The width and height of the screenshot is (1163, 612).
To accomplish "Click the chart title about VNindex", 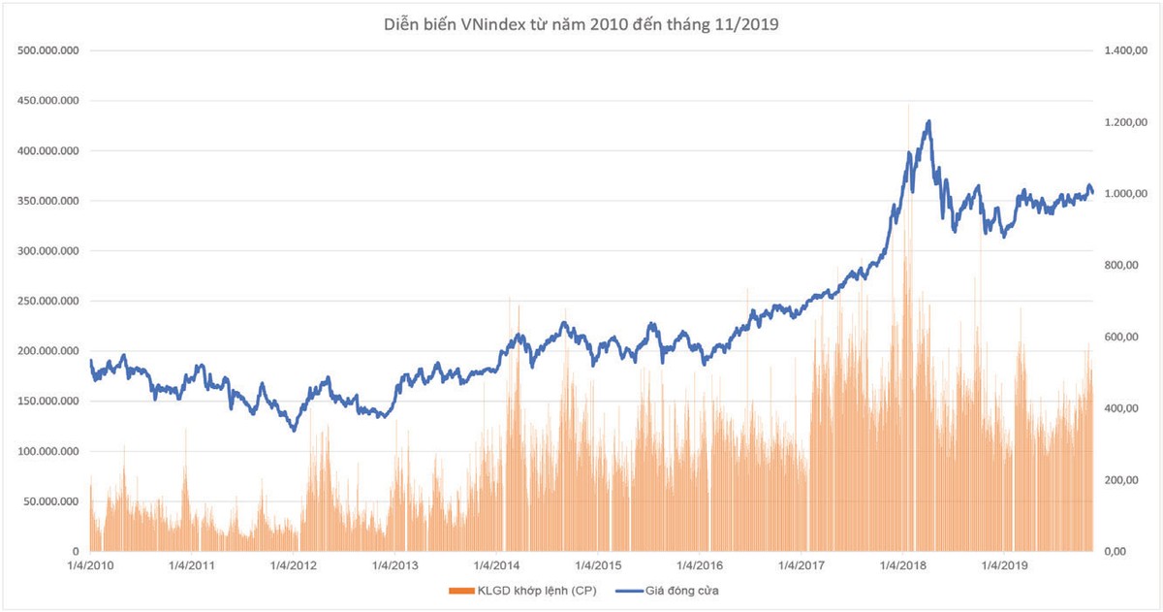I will (x=581, y=26).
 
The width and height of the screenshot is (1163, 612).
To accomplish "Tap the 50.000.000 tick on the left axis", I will (x=53, y=501).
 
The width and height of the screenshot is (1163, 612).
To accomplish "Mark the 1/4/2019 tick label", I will (x=1005, y=565).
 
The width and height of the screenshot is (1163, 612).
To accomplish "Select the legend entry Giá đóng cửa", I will (x=684, y=590).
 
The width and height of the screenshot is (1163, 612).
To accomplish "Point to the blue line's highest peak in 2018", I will (x=929, y=121).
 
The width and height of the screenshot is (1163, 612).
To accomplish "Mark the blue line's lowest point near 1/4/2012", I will (x=294, y=430).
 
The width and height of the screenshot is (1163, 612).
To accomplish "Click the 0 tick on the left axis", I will (x=75, y=552).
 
